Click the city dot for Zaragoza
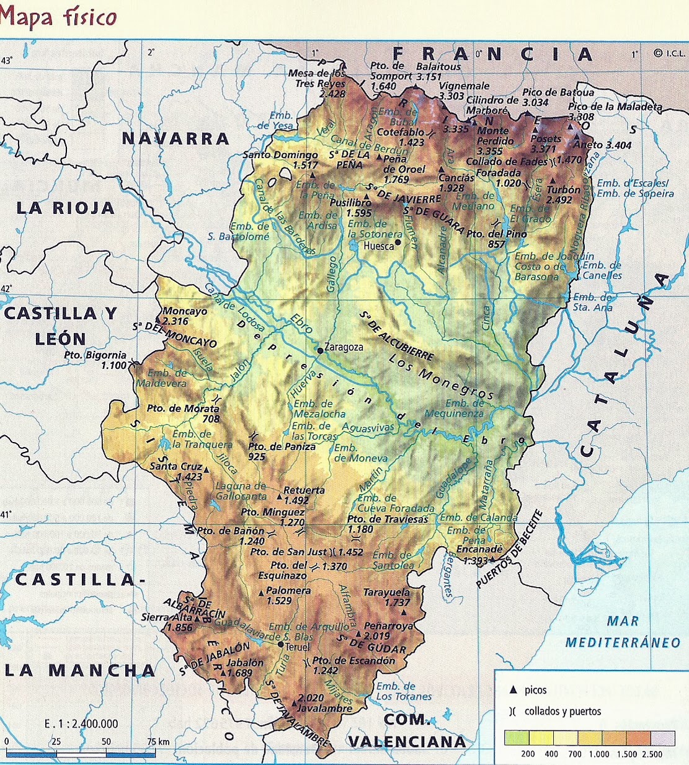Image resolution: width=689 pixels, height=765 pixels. coord(320,350)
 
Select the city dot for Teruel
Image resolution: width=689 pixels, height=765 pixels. coord(280,645)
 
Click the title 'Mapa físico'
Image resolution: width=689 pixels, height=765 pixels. coord(59,17)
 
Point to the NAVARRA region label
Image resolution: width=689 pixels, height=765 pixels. coord(176,138)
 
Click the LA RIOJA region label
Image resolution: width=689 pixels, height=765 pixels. coord(66,208)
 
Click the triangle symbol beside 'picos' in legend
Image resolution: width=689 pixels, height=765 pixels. coord(512,690)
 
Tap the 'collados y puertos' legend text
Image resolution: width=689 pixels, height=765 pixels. coord(562,711)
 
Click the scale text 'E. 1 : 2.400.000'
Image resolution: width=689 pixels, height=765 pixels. coord(81,723)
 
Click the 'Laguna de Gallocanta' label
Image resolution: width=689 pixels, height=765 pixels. coord(241,491)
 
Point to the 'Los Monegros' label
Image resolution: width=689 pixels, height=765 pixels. coord(441,375)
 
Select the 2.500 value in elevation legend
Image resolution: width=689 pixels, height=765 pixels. coord(651,754)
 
